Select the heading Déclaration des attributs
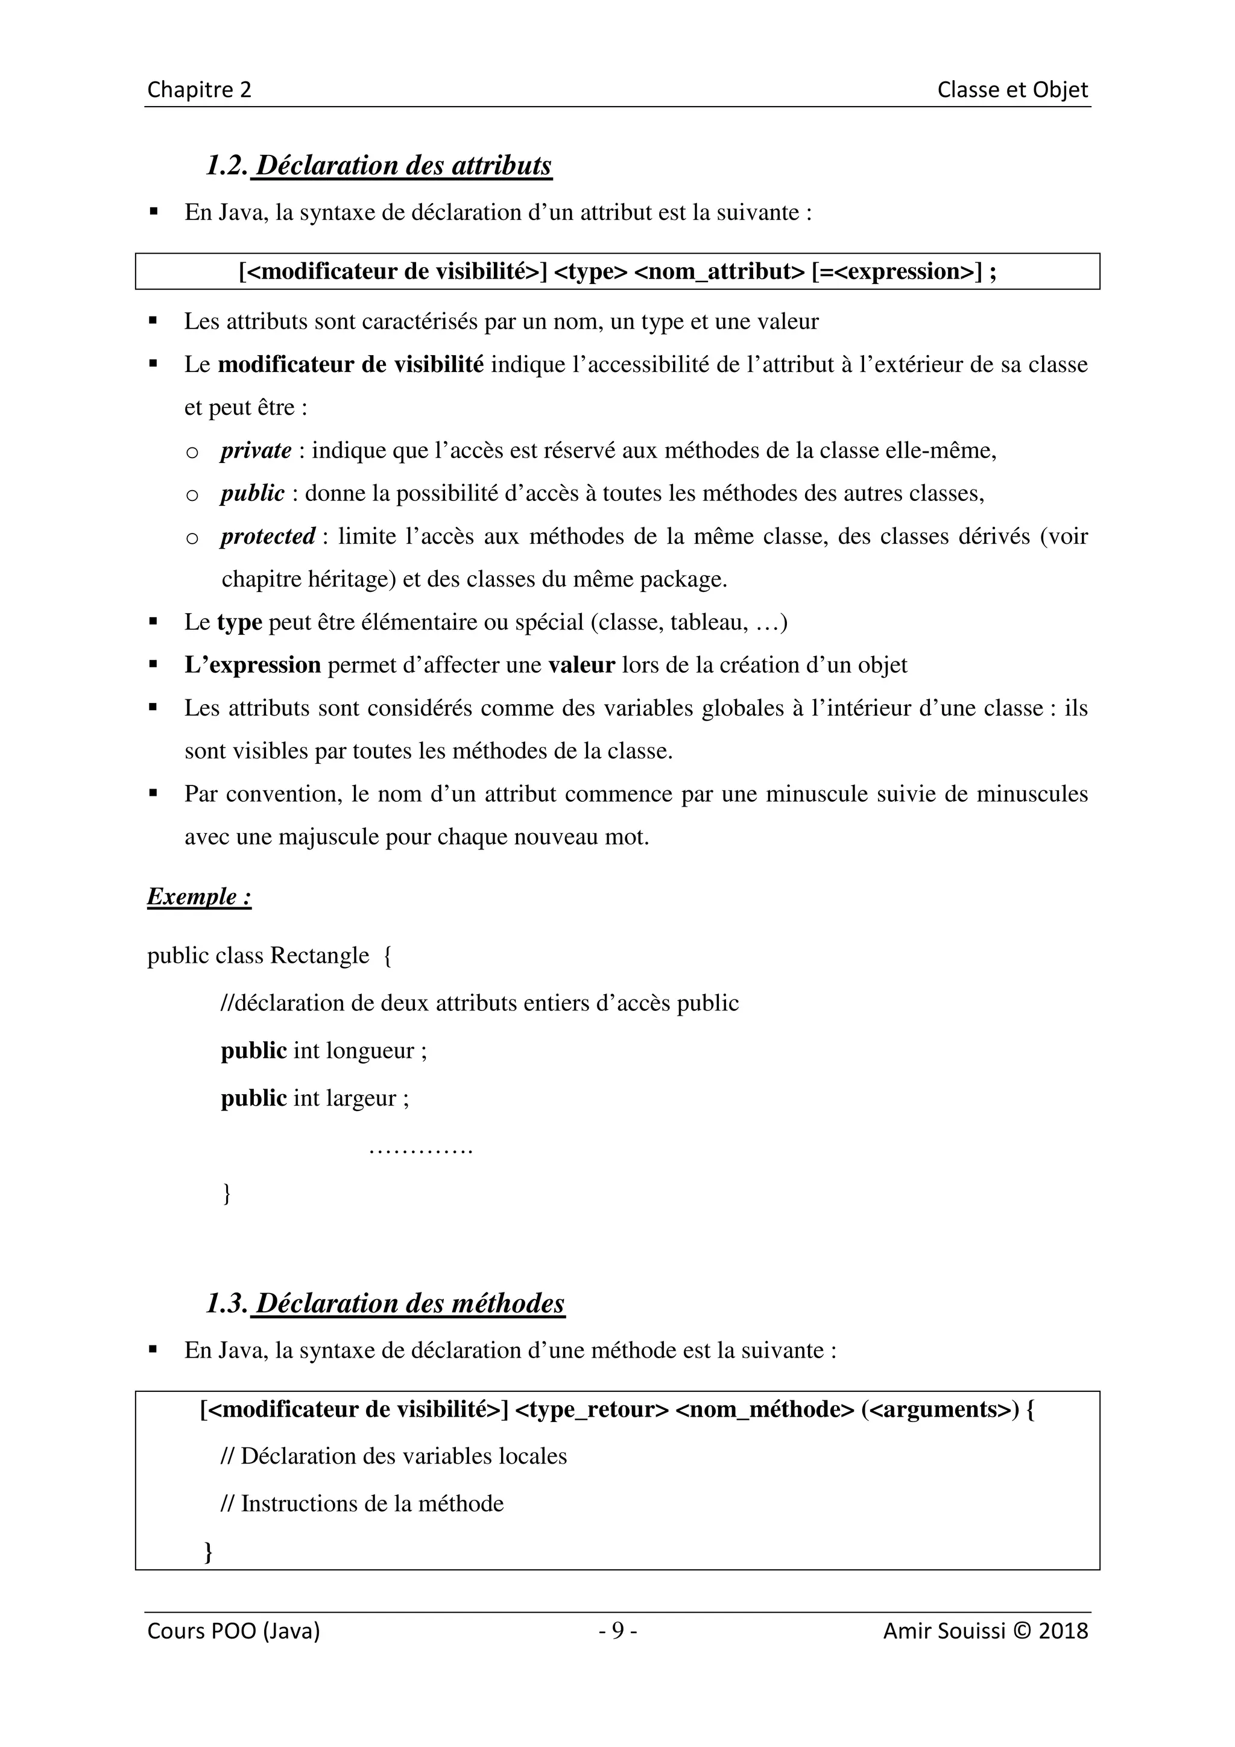(x=403, y=165)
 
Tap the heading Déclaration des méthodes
(x=410, y=1303)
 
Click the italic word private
(x=256, y=450)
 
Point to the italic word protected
(x=268, y=537)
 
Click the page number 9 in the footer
(x=618, y=1631)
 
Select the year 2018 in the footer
(x=1063, y=1631)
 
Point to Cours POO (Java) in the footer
(x=233, y=1631)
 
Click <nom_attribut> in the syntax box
(x=719, y=272)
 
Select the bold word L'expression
(x=253, y=665)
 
